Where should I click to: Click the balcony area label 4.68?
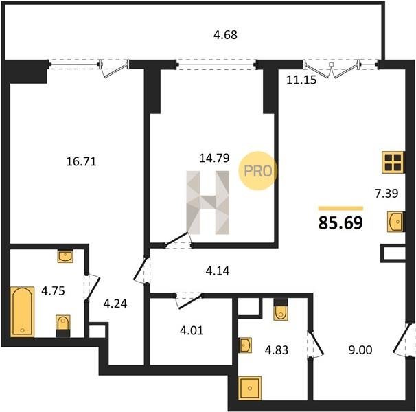(225, 35)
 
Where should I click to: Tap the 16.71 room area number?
(81, 161)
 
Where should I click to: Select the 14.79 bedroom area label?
(214, 158)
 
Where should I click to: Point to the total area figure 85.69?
(340, 222)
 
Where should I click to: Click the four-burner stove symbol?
(393, 163)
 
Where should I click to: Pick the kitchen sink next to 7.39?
(396, 222)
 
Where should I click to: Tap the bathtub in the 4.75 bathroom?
(23, 312)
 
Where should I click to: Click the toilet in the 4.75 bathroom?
(63, 326)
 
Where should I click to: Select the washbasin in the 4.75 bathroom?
(65, 256)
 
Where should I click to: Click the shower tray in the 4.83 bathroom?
(250, 388)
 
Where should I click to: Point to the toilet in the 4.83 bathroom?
(281, 309)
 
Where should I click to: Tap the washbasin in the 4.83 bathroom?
(245, 345)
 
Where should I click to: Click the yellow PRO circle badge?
(258, 171)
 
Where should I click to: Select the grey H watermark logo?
(208, 203)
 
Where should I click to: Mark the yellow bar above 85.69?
(340, 208)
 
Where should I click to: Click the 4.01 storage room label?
(192, 331)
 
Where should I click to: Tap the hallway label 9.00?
(360, 350)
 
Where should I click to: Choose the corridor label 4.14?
(218, 271)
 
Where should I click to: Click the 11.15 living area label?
(301, 80)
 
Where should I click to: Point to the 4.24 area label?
(115, 304)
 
